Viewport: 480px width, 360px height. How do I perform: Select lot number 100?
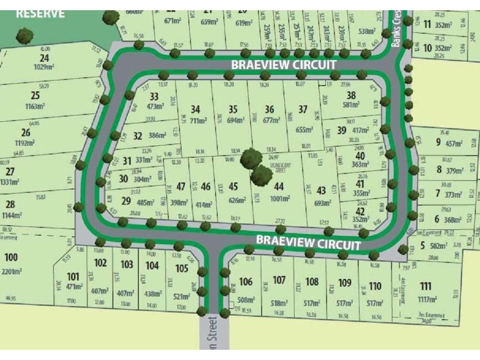11,257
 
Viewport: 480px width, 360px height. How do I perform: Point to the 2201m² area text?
11,271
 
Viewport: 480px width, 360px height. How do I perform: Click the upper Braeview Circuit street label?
284,64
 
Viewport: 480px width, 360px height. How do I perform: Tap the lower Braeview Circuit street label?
308,242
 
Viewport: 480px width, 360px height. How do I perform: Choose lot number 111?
426,286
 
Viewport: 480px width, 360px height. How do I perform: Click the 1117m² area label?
426,298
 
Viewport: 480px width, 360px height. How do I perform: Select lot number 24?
44,58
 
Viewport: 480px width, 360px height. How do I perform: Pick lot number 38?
352,95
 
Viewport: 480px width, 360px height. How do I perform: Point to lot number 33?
154,97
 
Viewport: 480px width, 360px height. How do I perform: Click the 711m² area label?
196,121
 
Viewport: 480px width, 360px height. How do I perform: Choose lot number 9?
439,142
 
